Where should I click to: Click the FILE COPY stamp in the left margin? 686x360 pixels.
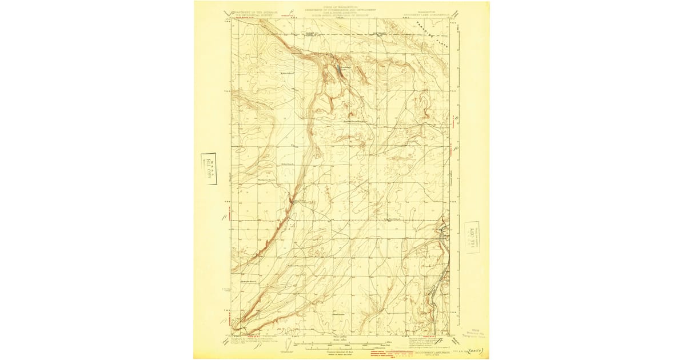(209, 169)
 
